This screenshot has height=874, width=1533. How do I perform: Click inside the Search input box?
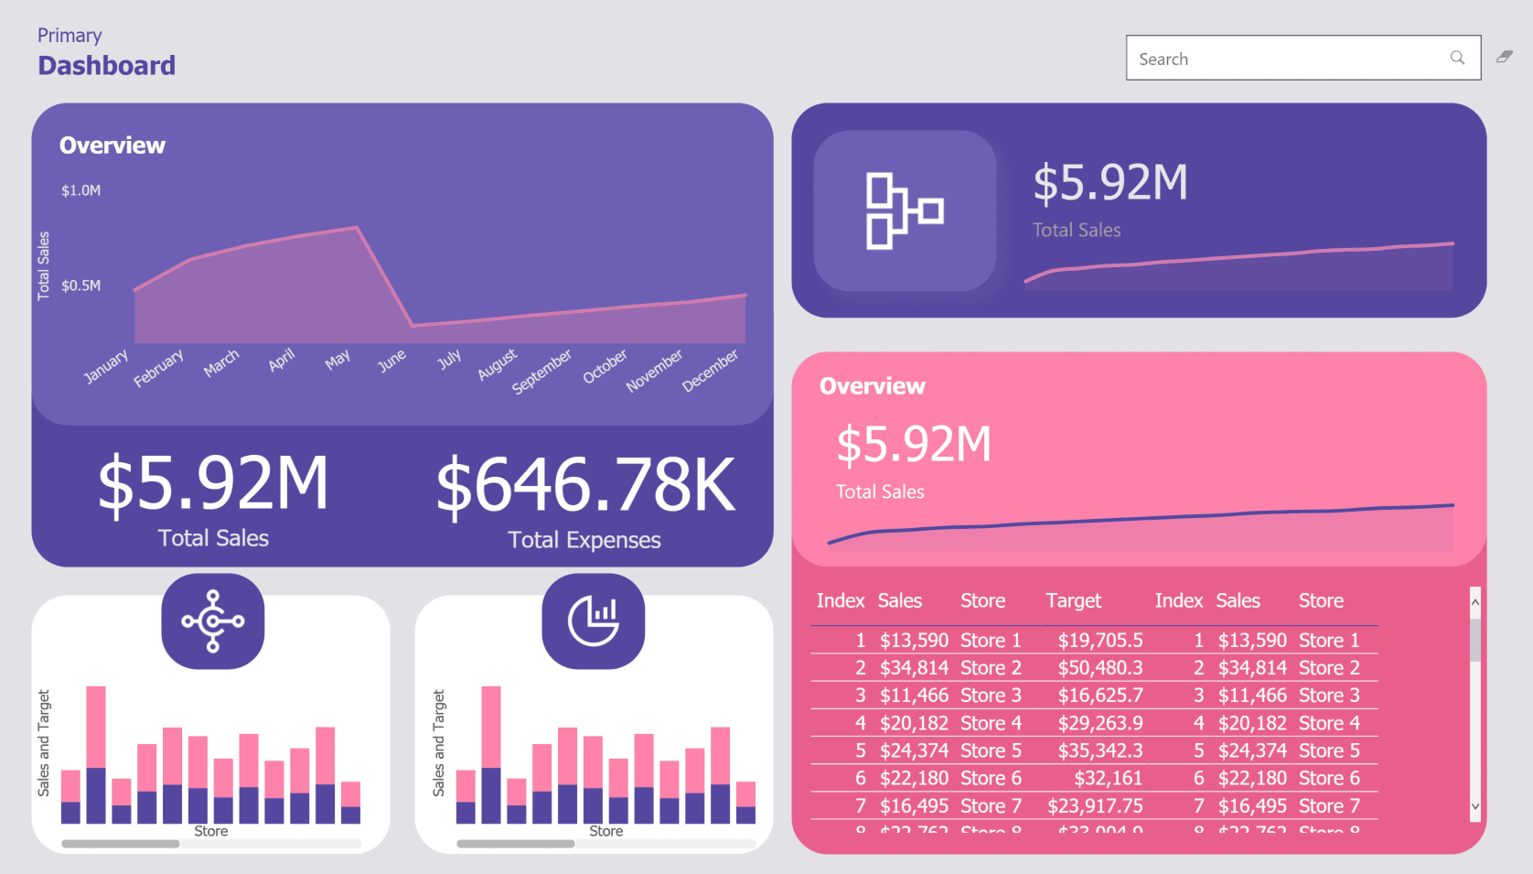coord(1281,59)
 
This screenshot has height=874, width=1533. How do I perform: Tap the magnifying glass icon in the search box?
coord(1457,58)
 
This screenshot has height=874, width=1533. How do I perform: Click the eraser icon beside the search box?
coord(1505,57)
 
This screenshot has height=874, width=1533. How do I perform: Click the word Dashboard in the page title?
coord(107,66)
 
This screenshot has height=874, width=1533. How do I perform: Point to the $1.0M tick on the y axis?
coord(80,190)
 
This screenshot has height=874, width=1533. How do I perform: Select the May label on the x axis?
coord(338,360)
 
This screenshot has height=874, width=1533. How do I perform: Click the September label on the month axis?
coord(541,372)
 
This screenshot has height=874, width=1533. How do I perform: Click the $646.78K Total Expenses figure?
coord(584,485)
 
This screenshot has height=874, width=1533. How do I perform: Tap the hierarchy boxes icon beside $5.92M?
coord(904,211)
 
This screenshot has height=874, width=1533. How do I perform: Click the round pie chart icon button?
coord(594,621)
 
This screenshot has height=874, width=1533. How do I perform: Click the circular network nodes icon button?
coord(213,621)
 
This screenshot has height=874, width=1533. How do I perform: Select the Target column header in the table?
coord(1073,601)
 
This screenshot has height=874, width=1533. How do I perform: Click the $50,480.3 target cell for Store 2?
coord(1100,668)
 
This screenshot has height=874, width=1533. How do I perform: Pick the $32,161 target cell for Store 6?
coord(1108,779)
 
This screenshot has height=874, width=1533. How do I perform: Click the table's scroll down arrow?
coord(1474,807)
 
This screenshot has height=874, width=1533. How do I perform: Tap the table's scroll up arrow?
coord(1474,601)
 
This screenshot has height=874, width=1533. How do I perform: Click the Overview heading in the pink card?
coord(872,386)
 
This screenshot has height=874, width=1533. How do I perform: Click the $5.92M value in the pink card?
coord(913,445)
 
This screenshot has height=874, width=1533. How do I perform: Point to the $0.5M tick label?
coord(80,286)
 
